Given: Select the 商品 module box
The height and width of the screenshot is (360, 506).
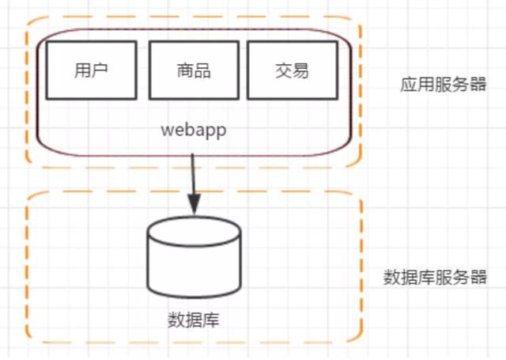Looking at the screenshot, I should (x=193, y=70).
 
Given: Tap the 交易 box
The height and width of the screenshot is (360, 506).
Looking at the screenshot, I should (x=293, y=70).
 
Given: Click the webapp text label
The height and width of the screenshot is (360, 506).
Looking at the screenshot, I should (x=194, y=129).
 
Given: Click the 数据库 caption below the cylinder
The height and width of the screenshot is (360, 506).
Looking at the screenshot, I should (x=194, y=320).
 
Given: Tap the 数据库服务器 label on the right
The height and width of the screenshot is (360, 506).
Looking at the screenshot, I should (x=435, y=278).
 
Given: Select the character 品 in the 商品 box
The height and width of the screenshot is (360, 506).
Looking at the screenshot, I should (x=202, y=70).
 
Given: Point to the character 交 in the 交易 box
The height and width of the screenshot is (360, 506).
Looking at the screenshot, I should (x=284, y=70).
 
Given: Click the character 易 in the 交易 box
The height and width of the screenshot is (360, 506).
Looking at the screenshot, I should (x=301, y=70).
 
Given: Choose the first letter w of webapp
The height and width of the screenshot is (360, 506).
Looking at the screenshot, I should (x=166, y=129).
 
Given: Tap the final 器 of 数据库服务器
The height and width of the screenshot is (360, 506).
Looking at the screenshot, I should (x=478, y=278).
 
